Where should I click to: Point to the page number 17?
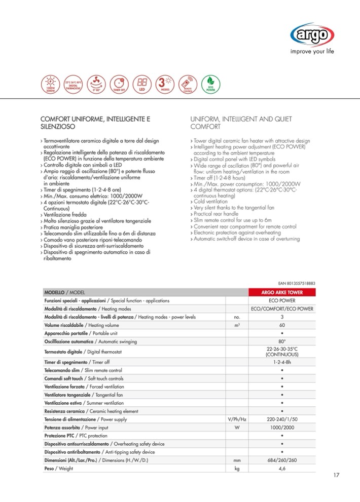[x=337, y=475]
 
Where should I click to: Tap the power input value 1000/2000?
[x=281, y=428]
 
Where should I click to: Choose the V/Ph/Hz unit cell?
[x=236, y=420]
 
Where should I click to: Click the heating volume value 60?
[x=281, y=325]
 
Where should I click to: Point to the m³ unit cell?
[x=236, y=325]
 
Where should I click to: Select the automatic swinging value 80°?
[x=281, y=341]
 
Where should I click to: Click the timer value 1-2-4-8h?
[x=281, y=363]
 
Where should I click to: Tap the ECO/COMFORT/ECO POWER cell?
[x=281, y=309]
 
